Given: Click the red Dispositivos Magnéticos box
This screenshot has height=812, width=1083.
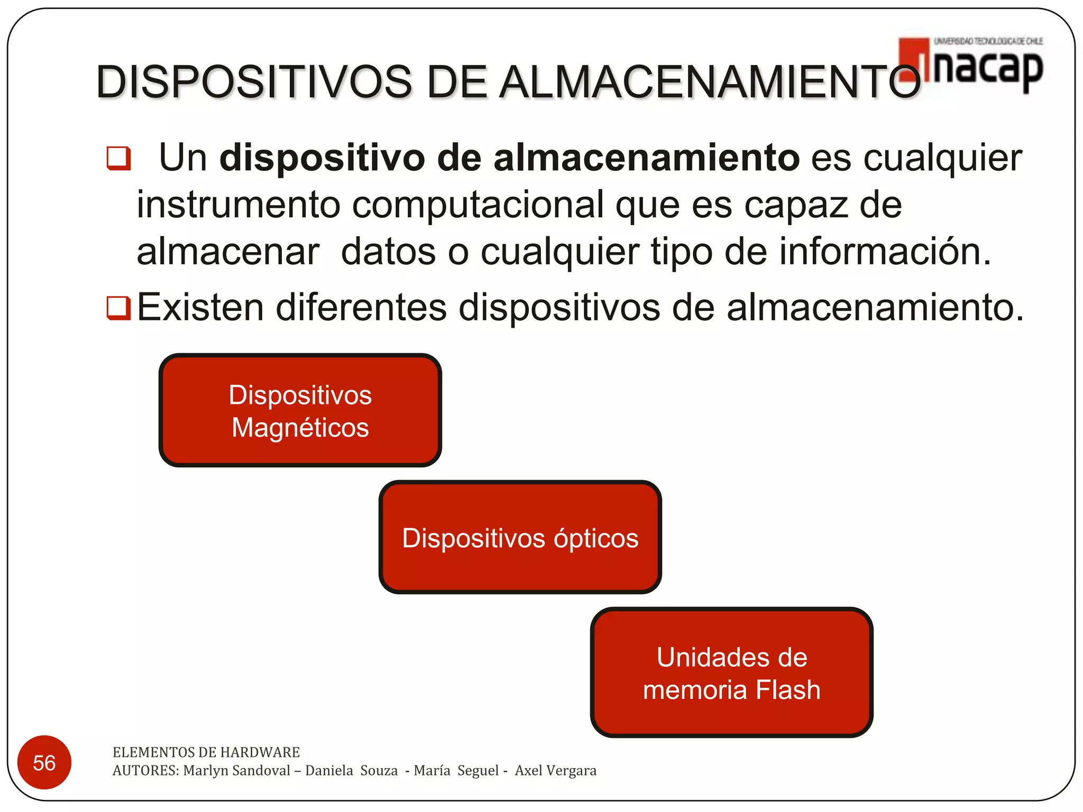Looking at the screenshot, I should click(300, 410).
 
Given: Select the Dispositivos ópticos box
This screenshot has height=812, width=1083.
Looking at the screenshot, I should click(520, 538).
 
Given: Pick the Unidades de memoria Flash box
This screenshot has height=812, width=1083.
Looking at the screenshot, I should click(731, 672).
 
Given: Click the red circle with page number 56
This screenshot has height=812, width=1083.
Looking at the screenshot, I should click(44, 762).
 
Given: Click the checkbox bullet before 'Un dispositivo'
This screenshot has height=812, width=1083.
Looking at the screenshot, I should click(118, 158).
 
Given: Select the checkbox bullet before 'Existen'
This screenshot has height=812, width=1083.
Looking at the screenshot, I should click(118, 308).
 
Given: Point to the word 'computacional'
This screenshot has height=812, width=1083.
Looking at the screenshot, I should click(478, 205).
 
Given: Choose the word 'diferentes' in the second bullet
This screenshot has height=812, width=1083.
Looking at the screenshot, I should click(361, 307).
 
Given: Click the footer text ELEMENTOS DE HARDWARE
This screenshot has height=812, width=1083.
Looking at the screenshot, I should click(206, 752).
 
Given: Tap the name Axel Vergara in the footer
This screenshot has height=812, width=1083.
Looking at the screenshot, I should click(555, 770).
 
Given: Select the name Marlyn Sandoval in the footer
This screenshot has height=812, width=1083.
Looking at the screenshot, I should click(236, 770).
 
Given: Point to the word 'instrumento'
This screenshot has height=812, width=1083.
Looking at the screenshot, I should click(238, 205).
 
